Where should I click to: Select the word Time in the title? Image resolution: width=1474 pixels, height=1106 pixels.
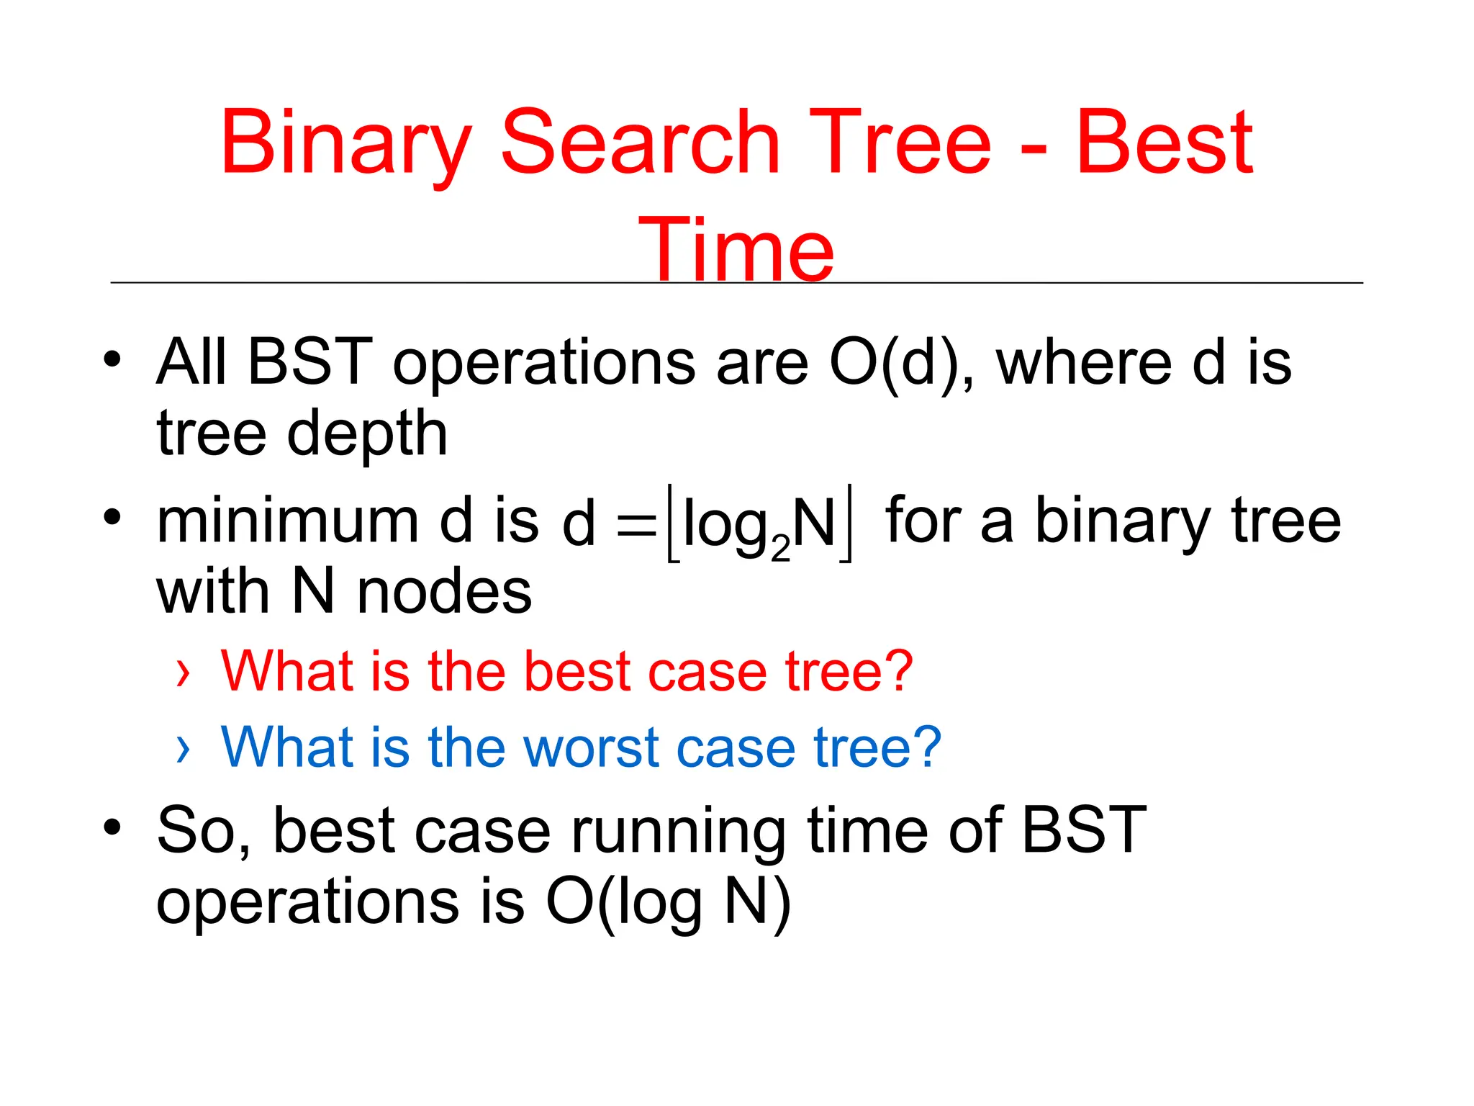click(736, 251)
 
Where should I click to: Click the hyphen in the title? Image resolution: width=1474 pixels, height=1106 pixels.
click(1034, 151)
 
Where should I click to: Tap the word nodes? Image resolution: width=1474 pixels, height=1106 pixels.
click(444, 593)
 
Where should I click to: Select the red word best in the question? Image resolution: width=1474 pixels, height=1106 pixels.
click(577, 672)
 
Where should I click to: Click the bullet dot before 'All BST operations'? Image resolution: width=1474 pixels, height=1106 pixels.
click(112, 359)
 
